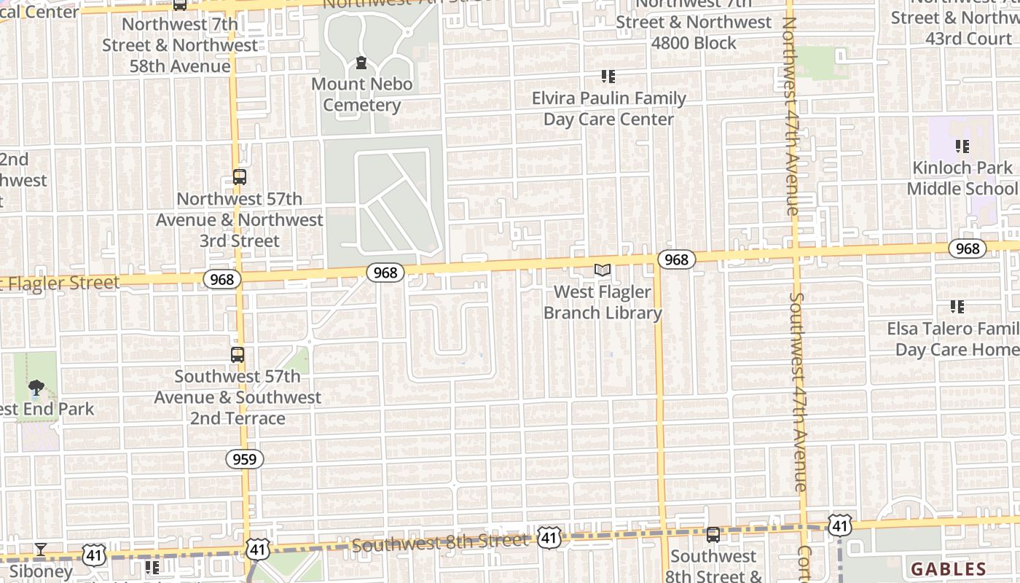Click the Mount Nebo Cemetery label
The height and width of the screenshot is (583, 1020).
point(361,95)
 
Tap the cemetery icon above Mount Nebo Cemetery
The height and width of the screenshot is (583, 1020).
point(361,63)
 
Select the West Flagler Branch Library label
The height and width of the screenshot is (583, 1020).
point(603,302)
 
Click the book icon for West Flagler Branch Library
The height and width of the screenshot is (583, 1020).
point(603,270)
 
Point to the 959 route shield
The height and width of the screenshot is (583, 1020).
point(245,459)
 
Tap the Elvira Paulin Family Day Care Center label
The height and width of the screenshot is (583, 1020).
point(608,109)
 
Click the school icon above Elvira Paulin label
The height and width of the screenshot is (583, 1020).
point(608,77)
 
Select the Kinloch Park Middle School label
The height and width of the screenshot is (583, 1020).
point(962,179)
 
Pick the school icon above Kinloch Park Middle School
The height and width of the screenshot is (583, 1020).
point(962,146)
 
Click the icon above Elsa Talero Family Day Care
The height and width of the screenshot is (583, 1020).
point(957,307)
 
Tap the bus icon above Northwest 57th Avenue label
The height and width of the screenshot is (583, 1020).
point(239,176)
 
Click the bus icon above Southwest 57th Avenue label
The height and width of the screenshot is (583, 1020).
point(238,355)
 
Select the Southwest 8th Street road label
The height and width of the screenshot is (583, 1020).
point(439,543)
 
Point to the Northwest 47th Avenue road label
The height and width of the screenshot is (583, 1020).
point(790,117)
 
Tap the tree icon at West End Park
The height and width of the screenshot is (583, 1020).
point(35,387)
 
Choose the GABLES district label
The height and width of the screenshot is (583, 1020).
point(948,569)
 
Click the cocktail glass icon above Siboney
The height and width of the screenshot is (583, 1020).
point(41,549)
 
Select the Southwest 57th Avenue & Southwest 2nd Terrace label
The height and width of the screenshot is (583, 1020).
point(238,397)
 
